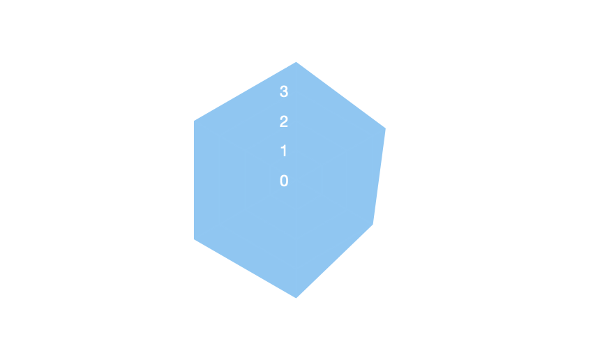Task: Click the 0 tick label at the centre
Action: [284, 181]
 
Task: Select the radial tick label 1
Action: [284, 151]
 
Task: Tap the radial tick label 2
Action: [284, 122]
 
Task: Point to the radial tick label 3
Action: [284, 92]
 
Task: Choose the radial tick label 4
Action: [284, 63]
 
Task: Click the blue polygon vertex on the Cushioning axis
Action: [296, 63]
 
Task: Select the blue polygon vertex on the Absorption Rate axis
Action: [385, 129]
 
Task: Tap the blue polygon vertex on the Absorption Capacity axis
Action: [373, 225]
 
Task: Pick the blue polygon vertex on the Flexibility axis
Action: [296, 298]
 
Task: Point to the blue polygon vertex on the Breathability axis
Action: [194, 239]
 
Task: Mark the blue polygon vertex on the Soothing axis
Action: [194, 121]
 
